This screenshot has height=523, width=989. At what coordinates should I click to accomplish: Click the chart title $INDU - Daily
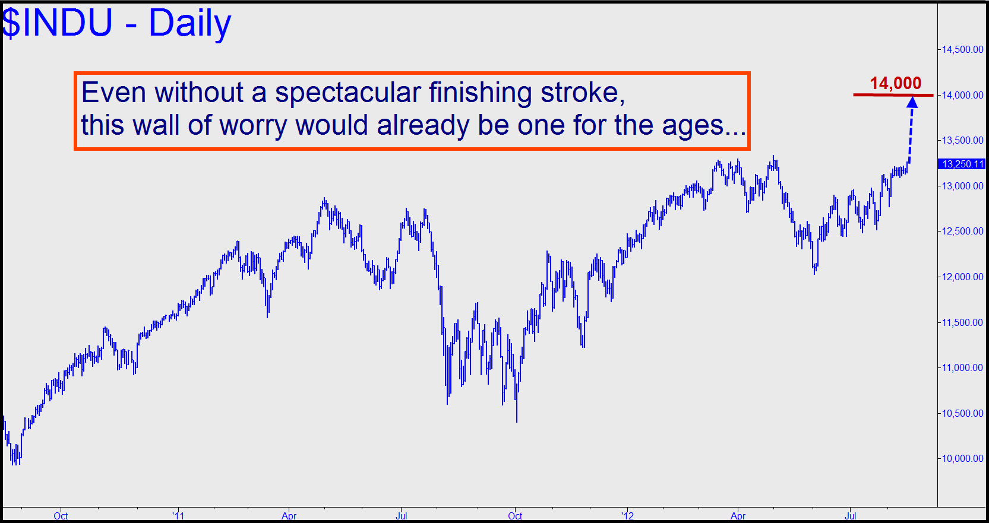tap(116, 23)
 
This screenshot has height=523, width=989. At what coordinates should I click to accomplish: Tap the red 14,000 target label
tap(895, 84)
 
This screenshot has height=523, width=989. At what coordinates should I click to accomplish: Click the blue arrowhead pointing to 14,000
tap(912, 102)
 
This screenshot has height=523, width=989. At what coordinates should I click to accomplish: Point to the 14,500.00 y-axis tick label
tap(962, 49)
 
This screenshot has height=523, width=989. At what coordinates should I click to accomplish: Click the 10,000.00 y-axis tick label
tap(962, 458)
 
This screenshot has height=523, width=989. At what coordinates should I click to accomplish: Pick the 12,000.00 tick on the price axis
tap(962, 277)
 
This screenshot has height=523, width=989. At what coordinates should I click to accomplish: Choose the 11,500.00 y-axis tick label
tap(962, 322)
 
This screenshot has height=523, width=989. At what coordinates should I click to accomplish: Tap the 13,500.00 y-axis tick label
tap(962, 140)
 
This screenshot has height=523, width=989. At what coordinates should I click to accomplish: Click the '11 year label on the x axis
tap(178, 515)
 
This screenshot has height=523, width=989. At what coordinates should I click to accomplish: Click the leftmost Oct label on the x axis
tap(61, 515)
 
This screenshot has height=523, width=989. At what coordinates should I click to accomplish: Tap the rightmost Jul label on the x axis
tap(851, 515)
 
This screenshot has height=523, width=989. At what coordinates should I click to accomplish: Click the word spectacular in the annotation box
tap(348, 93)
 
